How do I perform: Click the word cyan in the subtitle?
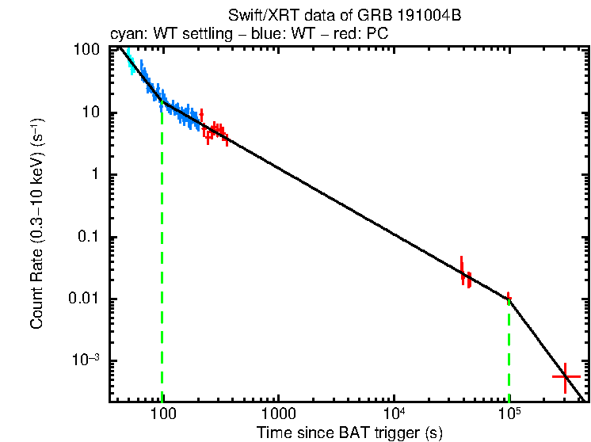[123, 36]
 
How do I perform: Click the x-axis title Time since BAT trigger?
[349, 432]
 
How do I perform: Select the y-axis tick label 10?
[91, 112]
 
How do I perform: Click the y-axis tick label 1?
[95, 175]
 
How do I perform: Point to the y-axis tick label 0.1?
[89, 238]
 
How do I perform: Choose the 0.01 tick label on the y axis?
[86, 299]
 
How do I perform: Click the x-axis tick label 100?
[162, 414]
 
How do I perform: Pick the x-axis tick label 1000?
[278, 414]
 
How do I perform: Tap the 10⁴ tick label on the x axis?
[394, 413]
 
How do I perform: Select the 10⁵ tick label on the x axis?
[509, 413]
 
